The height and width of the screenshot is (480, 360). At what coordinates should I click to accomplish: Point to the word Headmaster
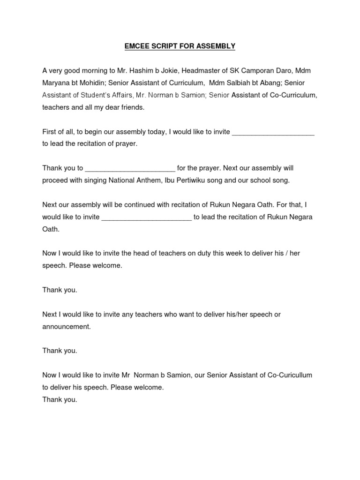pyautogui.click(x=200, y=71)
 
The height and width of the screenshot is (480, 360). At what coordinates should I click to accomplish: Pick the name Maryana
pyautogui.click(x=56, y=83)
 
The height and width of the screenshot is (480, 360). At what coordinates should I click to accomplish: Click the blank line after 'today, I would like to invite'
pyautogui.click(x=273, y=132)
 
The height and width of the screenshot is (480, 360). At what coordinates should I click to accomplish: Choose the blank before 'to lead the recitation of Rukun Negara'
pyautogui.click(x=146, y=217)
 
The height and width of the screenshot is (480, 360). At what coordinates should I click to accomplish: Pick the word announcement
pyautogui.click(x=66, y=327)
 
